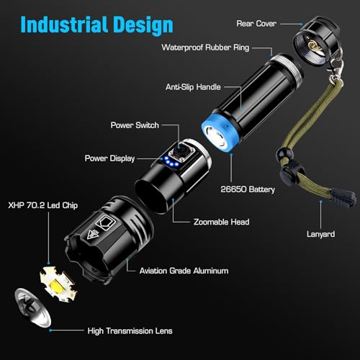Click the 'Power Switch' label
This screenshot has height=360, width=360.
tap(136, 124)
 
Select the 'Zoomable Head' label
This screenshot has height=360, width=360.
tap(221, 222)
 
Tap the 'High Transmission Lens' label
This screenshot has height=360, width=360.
tap(126, 330)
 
